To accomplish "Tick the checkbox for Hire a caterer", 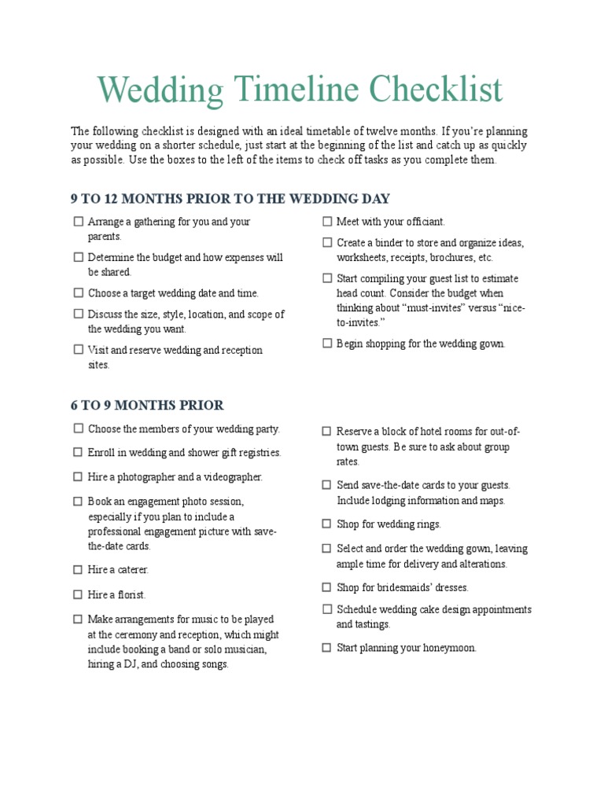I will pyautogui.click(x=78, y=569).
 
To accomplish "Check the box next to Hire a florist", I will pyautogui.click(x=78, y=594).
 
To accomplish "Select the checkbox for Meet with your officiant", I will pyautogui.click(x=327, y=222).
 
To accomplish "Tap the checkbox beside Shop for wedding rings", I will pyautogui.click(x=327, y=524).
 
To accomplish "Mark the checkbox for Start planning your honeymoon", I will pyautogui.click(x=327, y=648).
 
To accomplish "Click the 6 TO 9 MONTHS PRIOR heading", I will pyautogui.click(x=147, y=406).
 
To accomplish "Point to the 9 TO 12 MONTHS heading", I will pyautogui.click(x=230, y=198).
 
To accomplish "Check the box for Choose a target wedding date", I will pyautogui.click(x=78, y=292).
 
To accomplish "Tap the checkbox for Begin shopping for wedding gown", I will pyautogui.click(x=327, y=343).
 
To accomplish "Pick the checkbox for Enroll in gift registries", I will pyautogui.click(x=78, y=452).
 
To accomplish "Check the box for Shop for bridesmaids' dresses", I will pyautogui.click(x=327, y=586).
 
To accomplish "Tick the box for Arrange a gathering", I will pyautogui.click(x=78, y=222).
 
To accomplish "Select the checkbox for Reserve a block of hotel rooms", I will pyautogui.click(x=327, y=432).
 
